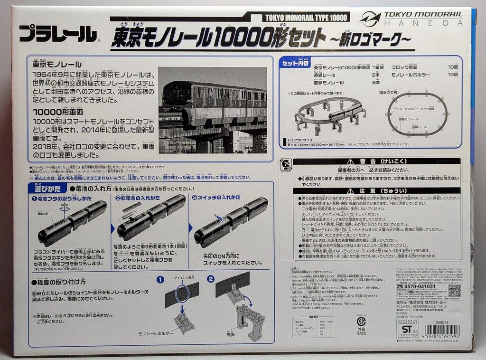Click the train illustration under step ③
(230, 223)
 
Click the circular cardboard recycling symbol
(361, 320)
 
